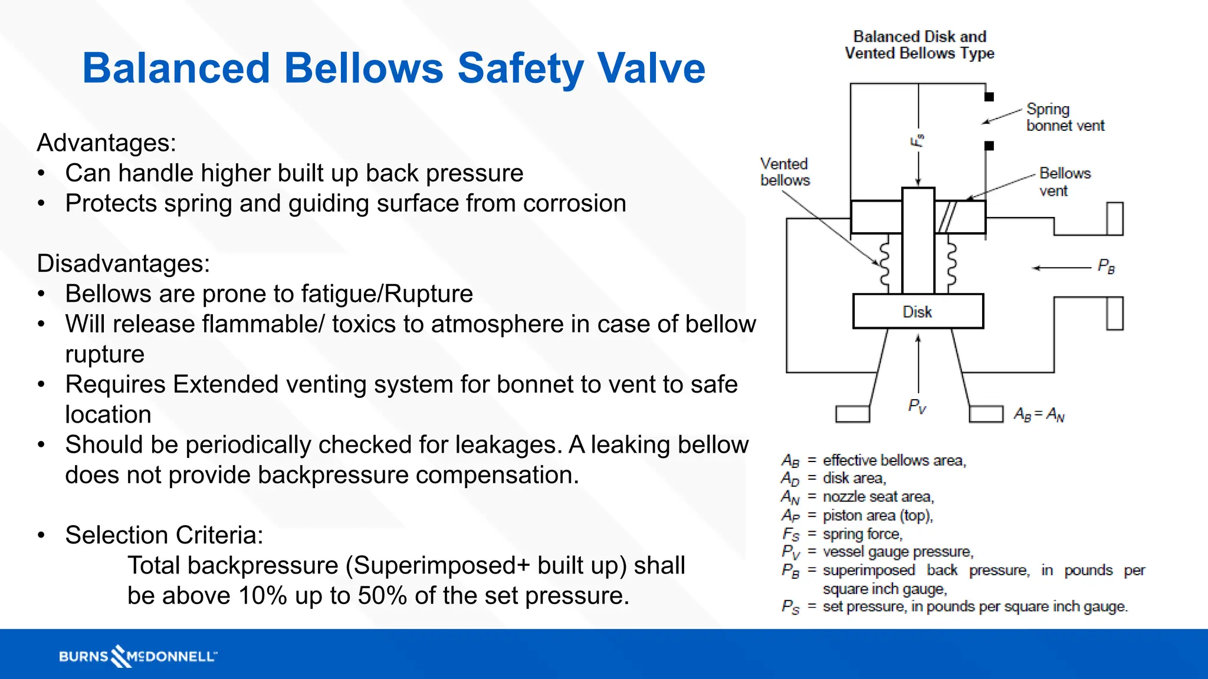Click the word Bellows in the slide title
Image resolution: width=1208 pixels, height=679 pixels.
coord(363,68)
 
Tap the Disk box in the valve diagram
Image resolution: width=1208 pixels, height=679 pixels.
coord(918,311)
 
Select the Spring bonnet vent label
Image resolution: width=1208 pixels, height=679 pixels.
coord(1065,117)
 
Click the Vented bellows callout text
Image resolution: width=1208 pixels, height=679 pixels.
coord(784,172)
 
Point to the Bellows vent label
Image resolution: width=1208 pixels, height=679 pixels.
coord(1065,182)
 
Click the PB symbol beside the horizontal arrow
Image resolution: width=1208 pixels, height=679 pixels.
coord(1106,266)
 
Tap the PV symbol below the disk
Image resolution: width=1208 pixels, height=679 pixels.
coord(917,406)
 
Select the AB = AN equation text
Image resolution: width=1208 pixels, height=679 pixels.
coord(1039,415)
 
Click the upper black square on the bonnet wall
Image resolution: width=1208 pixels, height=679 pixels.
coord(989,97)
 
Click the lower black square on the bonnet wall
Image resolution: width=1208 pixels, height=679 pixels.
coord(989,146)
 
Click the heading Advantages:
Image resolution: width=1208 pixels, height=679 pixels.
coord(107,143)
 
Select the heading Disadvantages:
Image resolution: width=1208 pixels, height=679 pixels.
coord(123,263)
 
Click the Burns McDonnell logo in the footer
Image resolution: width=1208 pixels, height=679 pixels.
coord(138,656)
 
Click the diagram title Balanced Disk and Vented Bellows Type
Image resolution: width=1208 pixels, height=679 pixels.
coord(919,45)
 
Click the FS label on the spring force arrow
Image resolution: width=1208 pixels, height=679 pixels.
coord(917,141)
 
